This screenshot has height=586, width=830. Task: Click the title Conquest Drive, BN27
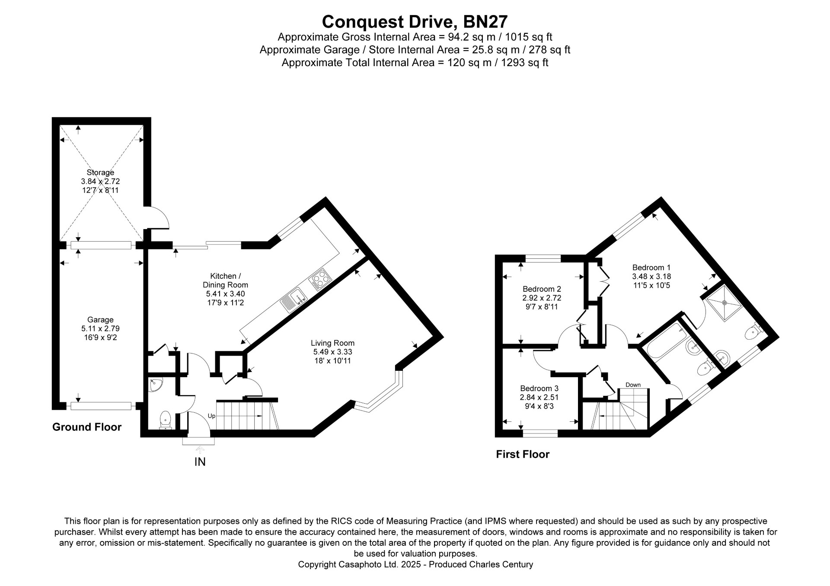coord(415,21)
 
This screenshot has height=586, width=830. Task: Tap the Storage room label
coord(100,172)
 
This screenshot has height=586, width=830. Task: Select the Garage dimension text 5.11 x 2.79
coord(100,328)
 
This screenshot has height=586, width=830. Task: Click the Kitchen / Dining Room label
coord(225,280)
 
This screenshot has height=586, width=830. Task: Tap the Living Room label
coord(332,343)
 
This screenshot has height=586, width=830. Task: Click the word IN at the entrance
coord(200,462)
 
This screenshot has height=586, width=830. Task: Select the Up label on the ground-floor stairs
coord(212,416)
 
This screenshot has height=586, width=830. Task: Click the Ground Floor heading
coord(87,427)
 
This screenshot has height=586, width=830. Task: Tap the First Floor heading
coord(523,454)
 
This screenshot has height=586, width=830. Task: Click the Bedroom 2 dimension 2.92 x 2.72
coord(542,298)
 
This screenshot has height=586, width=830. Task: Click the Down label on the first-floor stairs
coord(633,385)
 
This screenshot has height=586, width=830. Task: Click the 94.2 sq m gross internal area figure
coord(471,37)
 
